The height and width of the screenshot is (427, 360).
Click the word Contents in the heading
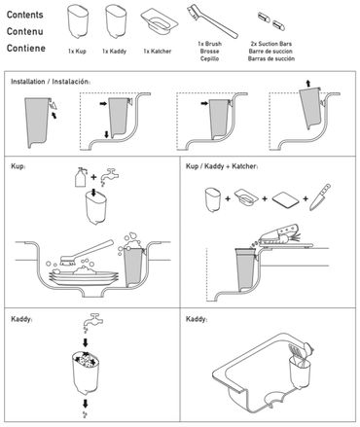25,15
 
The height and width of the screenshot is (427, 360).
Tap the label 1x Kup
77,52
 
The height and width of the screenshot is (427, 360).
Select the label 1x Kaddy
114,52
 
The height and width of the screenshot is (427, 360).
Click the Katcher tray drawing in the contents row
159,20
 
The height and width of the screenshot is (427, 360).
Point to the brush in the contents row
212,21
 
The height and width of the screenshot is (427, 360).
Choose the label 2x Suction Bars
271,44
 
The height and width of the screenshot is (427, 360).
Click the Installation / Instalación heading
51,82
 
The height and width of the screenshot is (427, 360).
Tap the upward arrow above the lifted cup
308,84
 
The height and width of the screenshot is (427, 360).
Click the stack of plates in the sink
84,276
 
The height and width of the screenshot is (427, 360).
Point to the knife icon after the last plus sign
320,197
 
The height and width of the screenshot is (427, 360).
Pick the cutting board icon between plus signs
285,198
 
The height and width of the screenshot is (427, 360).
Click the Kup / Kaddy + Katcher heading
222,166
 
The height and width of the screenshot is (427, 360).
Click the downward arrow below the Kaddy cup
86,404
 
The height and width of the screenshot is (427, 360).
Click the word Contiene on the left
26,49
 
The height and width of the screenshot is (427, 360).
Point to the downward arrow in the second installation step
107,134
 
